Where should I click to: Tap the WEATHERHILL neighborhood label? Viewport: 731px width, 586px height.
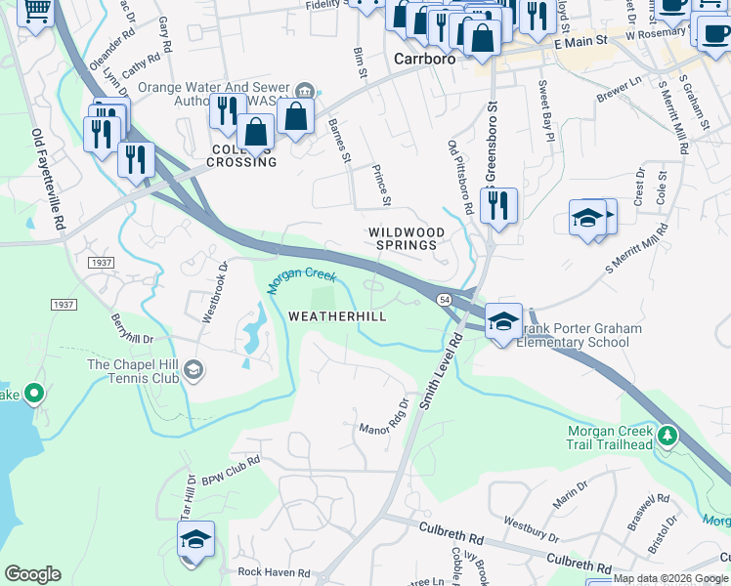(x=337, y=316)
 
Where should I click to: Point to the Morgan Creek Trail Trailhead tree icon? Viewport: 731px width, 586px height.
(x=667, y=434)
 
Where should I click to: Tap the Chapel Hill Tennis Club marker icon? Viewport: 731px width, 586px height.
(x=193, y=368)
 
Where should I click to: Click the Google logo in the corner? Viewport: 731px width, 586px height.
(x=32, y=574)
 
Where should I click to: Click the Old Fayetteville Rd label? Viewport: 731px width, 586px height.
(x=49, y=180)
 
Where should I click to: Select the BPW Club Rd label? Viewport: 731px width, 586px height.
(x=231, y=471)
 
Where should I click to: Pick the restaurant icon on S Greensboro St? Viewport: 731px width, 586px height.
(x=498, y=206)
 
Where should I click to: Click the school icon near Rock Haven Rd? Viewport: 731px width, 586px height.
(x=195, y=540)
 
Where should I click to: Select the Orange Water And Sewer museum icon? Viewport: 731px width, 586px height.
(x=304, y=91)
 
